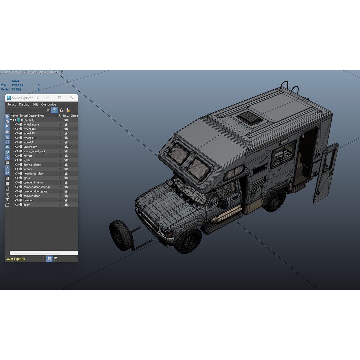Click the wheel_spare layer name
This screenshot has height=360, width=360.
[x=31, y=124]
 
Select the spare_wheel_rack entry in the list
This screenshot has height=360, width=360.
[x=34, y=151]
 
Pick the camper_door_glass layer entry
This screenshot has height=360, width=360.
[x=35, y=191]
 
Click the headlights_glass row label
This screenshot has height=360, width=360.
[x=33, y=174]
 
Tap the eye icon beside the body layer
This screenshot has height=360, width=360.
[x=17, y=205]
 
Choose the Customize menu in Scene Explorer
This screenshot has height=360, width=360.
[x=48, y=104]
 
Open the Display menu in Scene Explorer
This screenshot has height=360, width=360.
[x=24, y=104]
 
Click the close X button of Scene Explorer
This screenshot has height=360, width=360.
[x=72, y=98]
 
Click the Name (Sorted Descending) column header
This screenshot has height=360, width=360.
[x=27, y=116]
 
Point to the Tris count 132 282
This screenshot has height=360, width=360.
[x=17, y=85]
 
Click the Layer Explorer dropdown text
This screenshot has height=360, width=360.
[x=16, y=259]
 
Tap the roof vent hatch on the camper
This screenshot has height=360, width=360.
[x=249, y=118]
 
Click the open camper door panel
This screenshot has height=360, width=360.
[x=325, y=173]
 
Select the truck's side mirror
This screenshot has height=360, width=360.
[x=223, y=203]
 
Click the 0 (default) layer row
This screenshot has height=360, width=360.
[x=28, y=120]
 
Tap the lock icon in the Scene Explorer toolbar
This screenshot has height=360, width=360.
[x=61, y=110]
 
